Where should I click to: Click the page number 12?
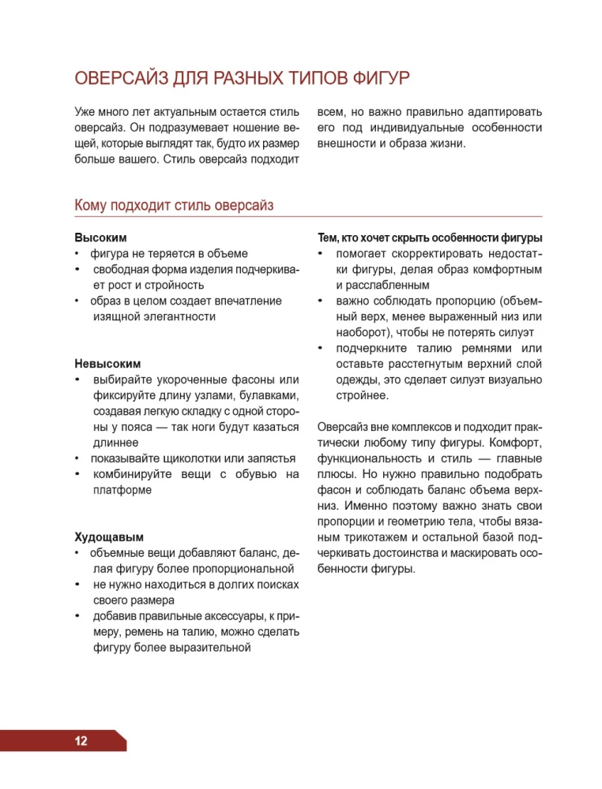(x=81, y=741)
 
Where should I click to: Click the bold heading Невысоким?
(x=107, y=364)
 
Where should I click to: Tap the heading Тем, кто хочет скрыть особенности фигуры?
(x=429, y=237)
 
